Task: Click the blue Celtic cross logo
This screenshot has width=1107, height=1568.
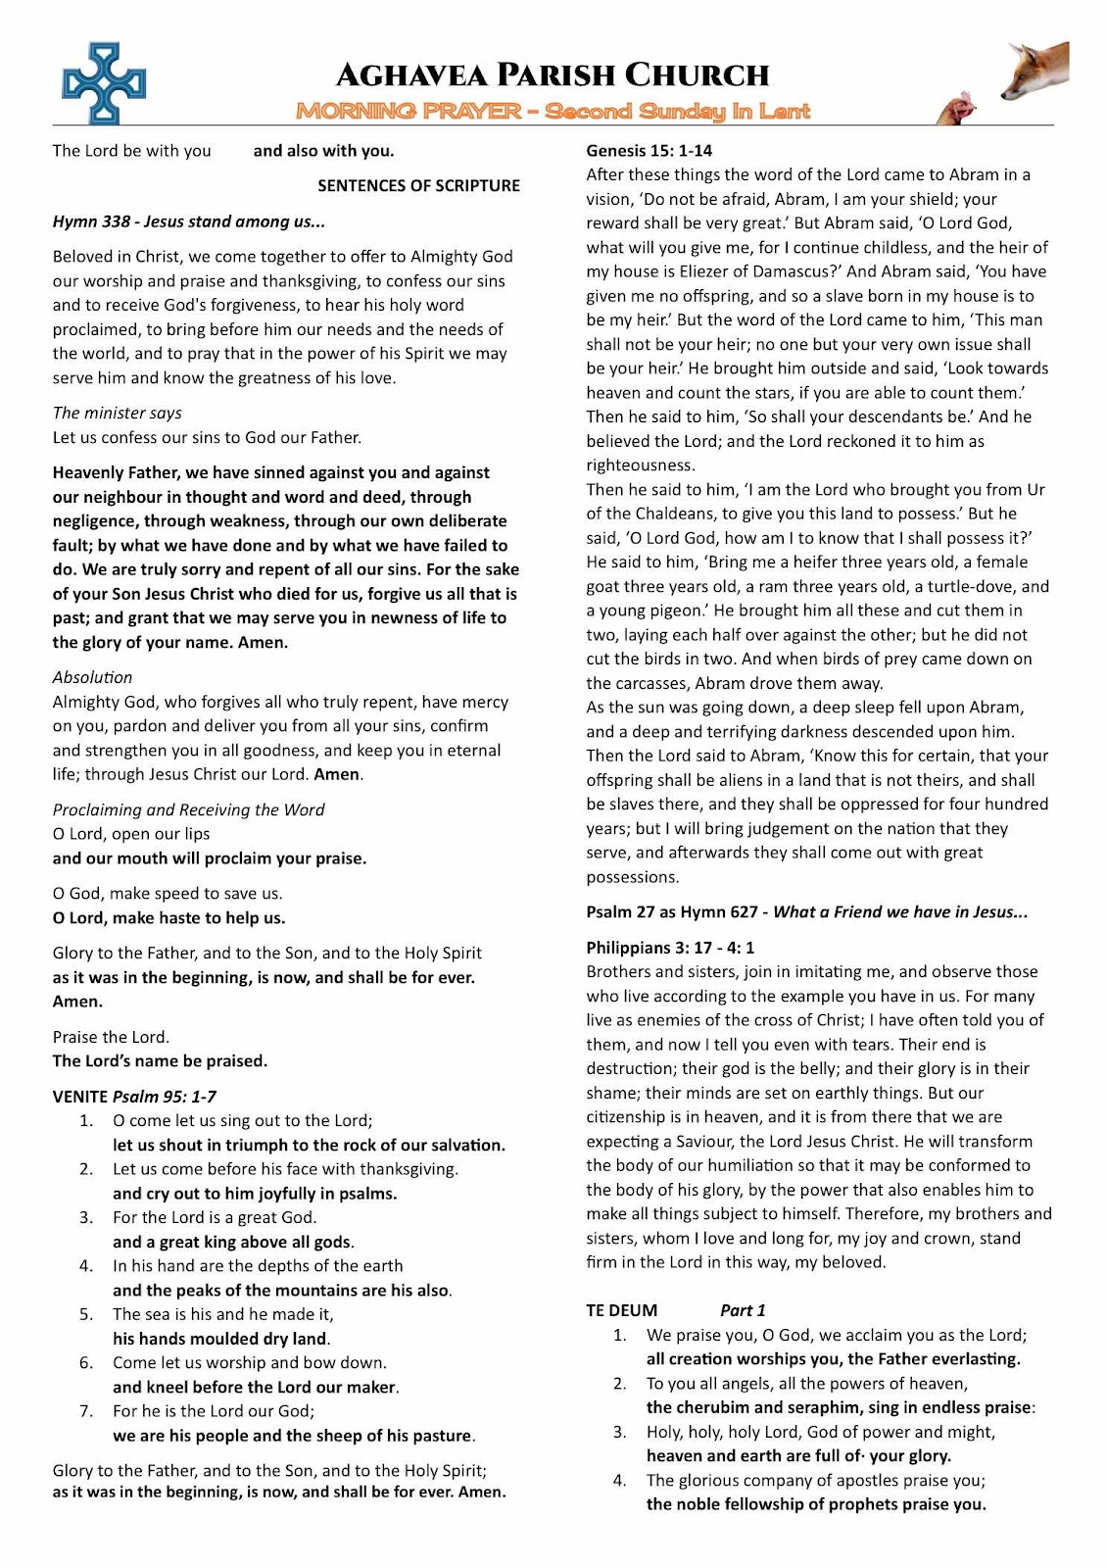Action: point(103,83)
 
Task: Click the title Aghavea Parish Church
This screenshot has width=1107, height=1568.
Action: point(553,74)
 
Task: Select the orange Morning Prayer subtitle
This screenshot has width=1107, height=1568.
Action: point(553,111)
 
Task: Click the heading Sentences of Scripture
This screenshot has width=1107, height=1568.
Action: point(418,185)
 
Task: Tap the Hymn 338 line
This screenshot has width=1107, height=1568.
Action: point(189,221)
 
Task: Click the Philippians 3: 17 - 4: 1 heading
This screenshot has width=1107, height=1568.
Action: point(670,948)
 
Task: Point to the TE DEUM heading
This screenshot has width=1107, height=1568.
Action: point(622,1310)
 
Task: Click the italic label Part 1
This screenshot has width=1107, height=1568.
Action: point(743,1310)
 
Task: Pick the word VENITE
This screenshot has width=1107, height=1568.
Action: point(80,1097)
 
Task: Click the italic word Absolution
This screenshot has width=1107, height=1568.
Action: point(92,677)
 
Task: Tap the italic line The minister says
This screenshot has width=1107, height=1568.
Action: point(118,413)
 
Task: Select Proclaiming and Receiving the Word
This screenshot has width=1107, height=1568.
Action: point(188,809)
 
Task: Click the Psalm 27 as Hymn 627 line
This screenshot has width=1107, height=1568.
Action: point(807,912)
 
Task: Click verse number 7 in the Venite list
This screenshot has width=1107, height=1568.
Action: point(86,1411)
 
